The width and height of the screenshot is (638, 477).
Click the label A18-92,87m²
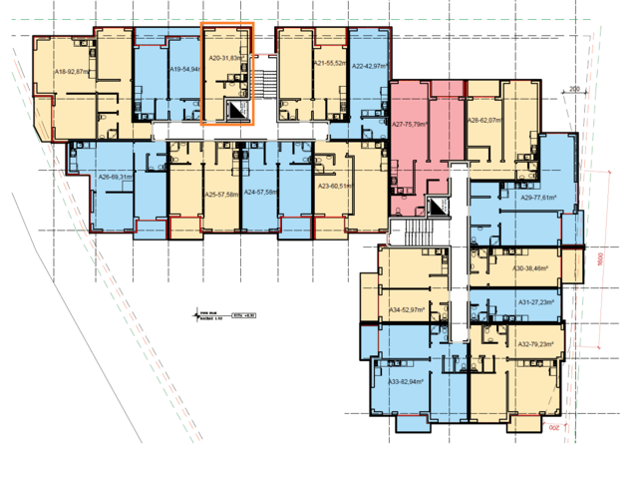coord(73,73)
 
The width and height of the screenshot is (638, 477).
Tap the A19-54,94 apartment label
coord(185,70)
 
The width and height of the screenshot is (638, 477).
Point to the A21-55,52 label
coord(330,63)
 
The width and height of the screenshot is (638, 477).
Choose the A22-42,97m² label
coord(372,65)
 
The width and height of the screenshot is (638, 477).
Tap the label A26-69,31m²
coord(118,178)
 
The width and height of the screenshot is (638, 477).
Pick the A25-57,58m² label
coord(222,194)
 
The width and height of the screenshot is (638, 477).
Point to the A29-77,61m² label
coord(536,199)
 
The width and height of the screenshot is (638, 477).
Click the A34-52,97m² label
coord(407,310)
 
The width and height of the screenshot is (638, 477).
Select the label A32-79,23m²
coord(536,344)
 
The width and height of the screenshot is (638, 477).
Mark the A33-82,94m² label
coord(407,381)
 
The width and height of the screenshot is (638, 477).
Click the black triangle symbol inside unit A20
coord(236,112)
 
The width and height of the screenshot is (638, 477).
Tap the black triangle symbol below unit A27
coord(437,208)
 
